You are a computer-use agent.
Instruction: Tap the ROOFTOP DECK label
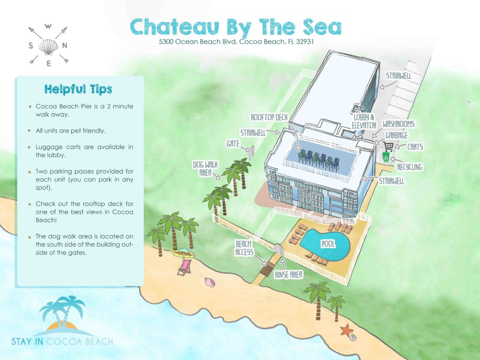[x=272, y=117]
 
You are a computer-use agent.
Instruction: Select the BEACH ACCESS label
[x=244, y=248]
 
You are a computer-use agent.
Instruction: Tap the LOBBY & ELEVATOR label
[x=364, y=121]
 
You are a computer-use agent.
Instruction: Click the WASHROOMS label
[x=398, y=124]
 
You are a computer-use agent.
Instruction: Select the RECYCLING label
[x=409, y=167]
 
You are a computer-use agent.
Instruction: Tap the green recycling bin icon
[x=385, y=156]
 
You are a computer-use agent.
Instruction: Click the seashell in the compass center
[x=48, y=45]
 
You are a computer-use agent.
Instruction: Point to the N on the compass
[x=65, y=45]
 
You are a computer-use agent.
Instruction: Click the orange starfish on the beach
[x=347, y=330]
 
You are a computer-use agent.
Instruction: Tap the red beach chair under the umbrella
[x=184, y=268]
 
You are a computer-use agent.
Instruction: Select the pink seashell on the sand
[x=209, y=282]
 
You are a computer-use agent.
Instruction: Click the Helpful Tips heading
[x=78, y=89]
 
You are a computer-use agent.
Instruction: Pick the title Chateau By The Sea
[x=236, y=27]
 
